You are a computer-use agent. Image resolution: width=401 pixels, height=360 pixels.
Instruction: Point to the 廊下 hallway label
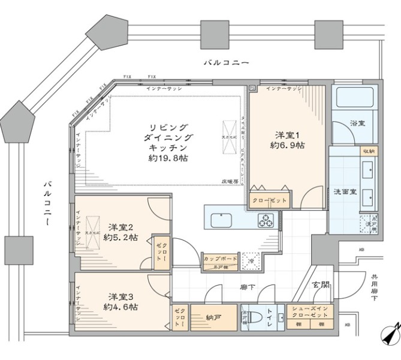point(248,288)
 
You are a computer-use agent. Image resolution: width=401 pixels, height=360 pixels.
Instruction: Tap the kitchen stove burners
point(266,220)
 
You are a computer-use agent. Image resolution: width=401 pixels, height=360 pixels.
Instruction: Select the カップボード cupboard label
point(220,259)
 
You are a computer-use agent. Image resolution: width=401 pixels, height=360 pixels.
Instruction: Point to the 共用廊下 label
point(375,289)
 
